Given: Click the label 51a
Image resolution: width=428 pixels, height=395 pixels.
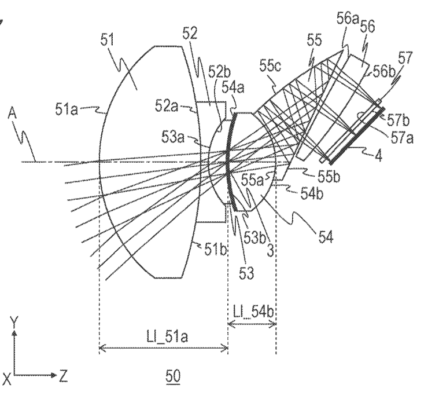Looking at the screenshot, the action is click(67, 109).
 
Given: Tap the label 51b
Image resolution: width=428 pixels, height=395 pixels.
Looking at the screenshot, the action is click(216, 249).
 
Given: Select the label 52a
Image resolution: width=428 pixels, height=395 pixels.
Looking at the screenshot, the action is click(166, 106).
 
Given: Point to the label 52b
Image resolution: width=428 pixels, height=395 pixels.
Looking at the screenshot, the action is click(219, 72).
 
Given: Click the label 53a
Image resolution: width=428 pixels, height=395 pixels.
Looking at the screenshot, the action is click(173, 137).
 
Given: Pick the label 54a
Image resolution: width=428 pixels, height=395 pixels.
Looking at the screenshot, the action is click(233, 87).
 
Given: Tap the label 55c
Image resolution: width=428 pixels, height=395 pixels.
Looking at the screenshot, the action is click(270, 66).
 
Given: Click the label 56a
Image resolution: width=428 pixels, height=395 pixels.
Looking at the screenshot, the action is click(348, 19).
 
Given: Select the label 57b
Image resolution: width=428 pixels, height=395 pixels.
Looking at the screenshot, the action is click(399, 120).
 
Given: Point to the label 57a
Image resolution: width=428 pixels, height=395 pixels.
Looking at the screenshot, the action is click(402, 137).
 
